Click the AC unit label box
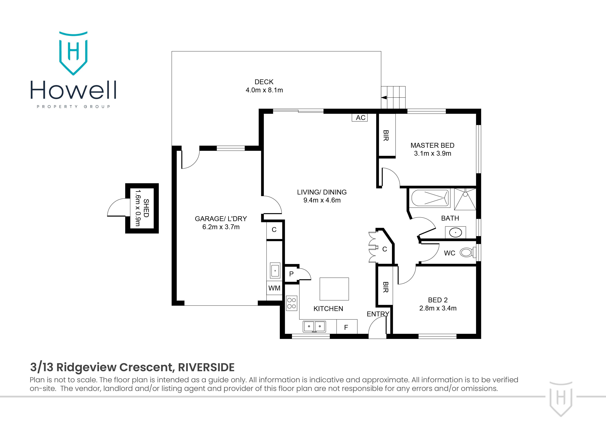pos(359,117)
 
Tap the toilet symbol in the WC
pos(467,252)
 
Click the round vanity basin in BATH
pos(455,233)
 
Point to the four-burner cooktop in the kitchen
pos(292,303)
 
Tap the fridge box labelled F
pos(347,327)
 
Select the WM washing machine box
pos(274,288)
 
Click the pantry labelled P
pos(291,274)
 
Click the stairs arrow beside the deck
pos(384,98)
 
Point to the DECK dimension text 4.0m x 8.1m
pos(264,90)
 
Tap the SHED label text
pos(146,208)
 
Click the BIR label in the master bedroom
pos(386,135)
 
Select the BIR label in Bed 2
pos(385,287)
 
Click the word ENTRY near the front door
pos(378,314)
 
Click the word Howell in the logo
pos(73,90)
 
